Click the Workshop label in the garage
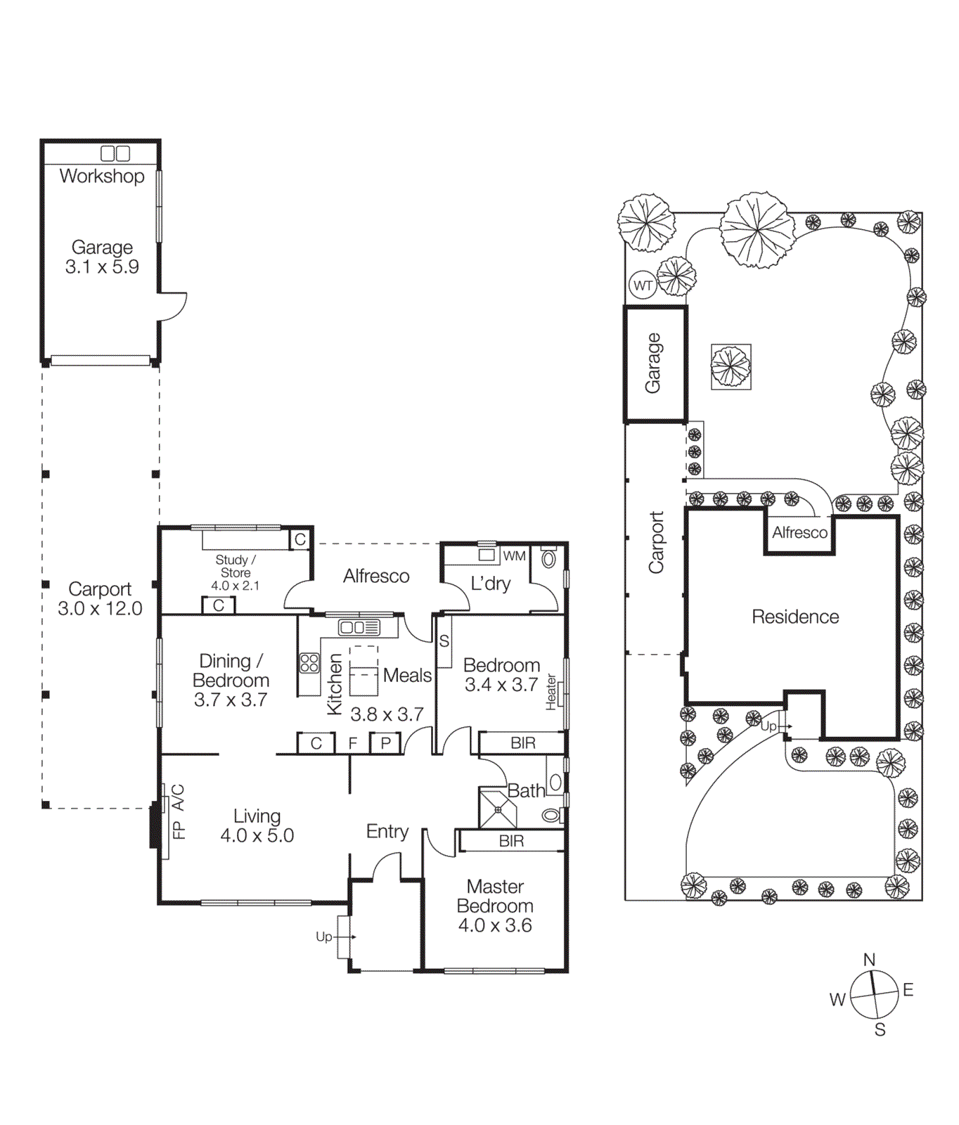[102, 176]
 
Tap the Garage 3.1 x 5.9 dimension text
[102, 257]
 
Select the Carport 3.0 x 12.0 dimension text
[100, 599]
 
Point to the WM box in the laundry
[514, 555]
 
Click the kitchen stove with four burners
[309, 662]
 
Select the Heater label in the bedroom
[551, 692]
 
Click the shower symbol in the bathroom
[498, 809]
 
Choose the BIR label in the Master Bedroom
[511, 841]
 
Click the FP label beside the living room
[179, 830]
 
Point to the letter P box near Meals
[385, 743]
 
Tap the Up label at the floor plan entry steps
[323, 937]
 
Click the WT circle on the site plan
[643, 285]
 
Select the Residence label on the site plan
[795, 617]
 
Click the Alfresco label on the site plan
[799, 532]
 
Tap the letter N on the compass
[869, 960]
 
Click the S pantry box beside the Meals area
[444, 641]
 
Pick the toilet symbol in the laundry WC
[548, 558]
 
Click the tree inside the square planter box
[730, 366]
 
